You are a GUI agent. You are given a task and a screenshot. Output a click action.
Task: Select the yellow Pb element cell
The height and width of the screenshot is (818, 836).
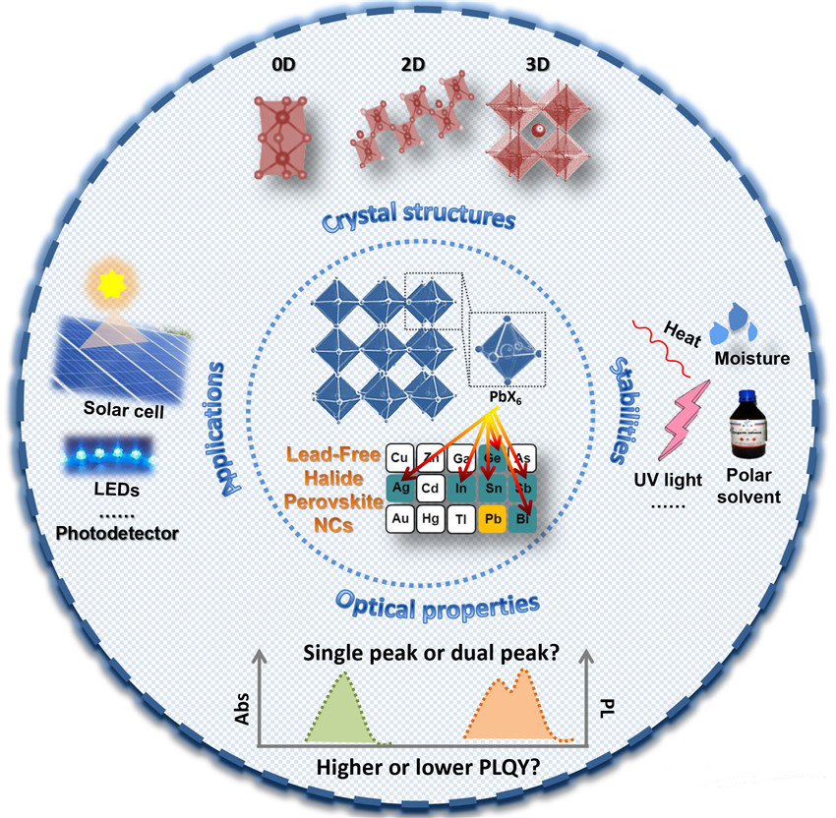[496, 517]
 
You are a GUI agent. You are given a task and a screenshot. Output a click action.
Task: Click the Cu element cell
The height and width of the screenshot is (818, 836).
[399, 457]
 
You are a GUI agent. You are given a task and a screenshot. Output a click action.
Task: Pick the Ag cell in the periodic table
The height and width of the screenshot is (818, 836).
[399, 487]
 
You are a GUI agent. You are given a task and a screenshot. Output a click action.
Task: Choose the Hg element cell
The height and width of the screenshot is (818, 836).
[431, 517]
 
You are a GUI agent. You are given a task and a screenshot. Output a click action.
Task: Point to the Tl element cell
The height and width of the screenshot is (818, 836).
[462, 517]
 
